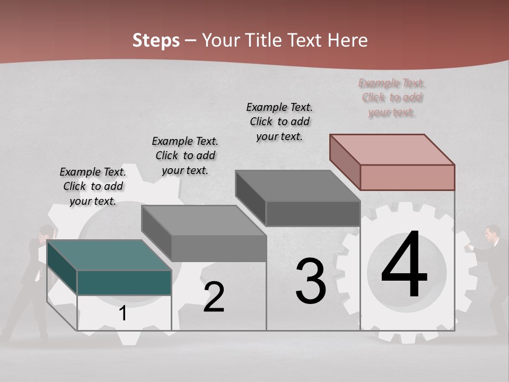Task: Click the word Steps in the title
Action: (156, 40)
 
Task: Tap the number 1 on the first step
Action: (123, 314)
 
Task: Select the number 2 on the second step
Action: (214, 297)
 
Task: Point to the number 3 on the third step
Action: (311, 281)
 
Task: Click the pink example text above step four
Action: (392, 98)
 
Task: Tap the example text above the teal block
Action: (93, 186)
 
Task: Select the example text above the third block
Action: (279, 121)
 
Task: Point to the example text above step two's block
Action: (185, 155)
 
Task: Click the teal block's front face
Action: (124, 282)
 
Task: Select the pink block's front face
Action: (407, 177)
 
